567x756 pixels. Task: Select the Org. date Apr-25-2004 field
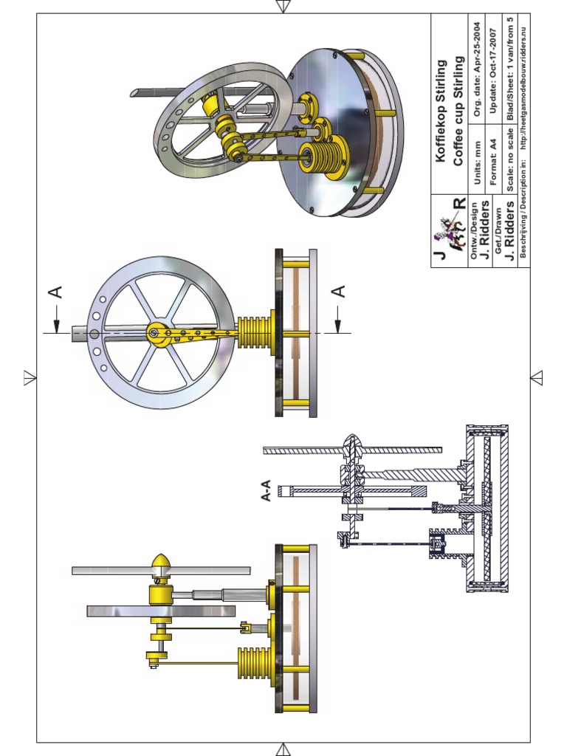click(478, 68)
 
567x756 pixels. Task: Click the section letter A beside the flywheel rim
click(55, 293)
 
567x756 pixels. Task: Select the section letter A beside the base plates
click(338, 292)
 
